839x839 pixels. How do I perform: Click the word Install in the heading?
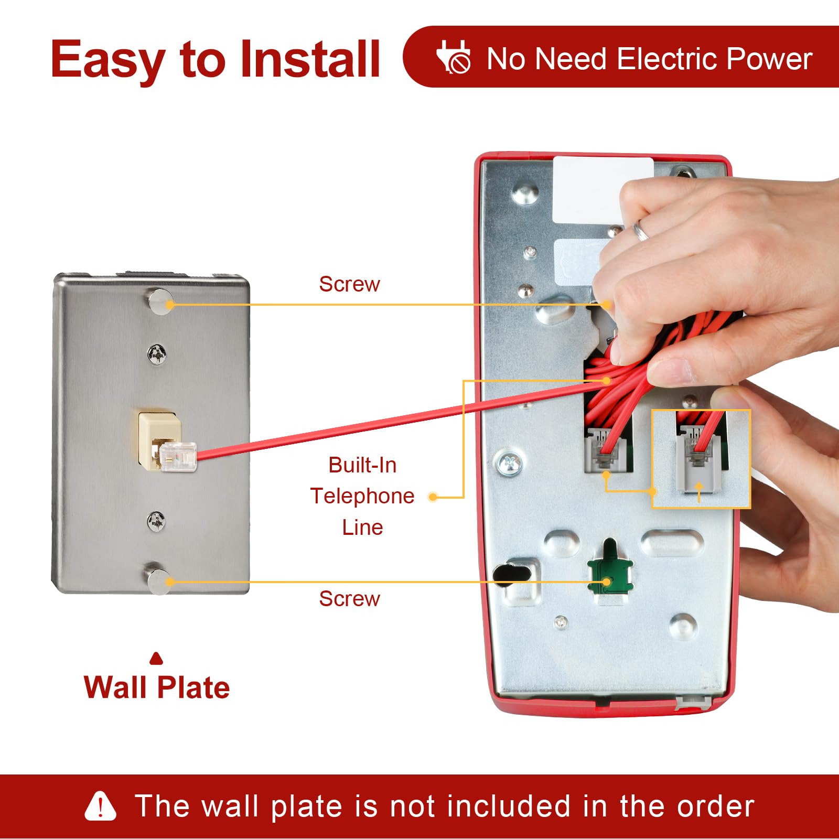point(309,59)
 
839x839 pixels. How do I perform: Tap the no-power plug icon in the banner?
point(454,57)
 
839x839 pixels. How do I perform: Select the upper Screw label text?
point(349,284)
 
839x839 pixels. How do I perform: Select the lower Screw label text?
point(349,598)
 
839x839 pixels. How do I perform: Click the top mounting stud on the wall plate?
point(159,302)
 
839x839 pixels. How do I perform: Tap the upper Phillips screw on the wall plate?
point(157,355)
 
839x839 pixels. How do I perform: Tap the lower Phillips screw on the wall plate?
point(156,521)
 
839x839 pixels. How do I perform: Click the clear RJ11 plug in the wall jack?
point(178,455)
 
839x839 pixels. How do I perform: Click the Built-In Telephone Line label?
point(362,496)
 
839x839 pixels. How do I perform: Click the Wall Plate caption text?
point(156,687)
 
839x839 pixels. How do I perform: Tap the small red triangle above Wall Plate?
point(156,659)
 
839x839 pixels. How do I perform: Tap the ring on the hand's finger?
point(641,230)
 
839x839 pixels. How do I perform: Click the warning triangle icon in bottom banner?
point(100,806)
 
